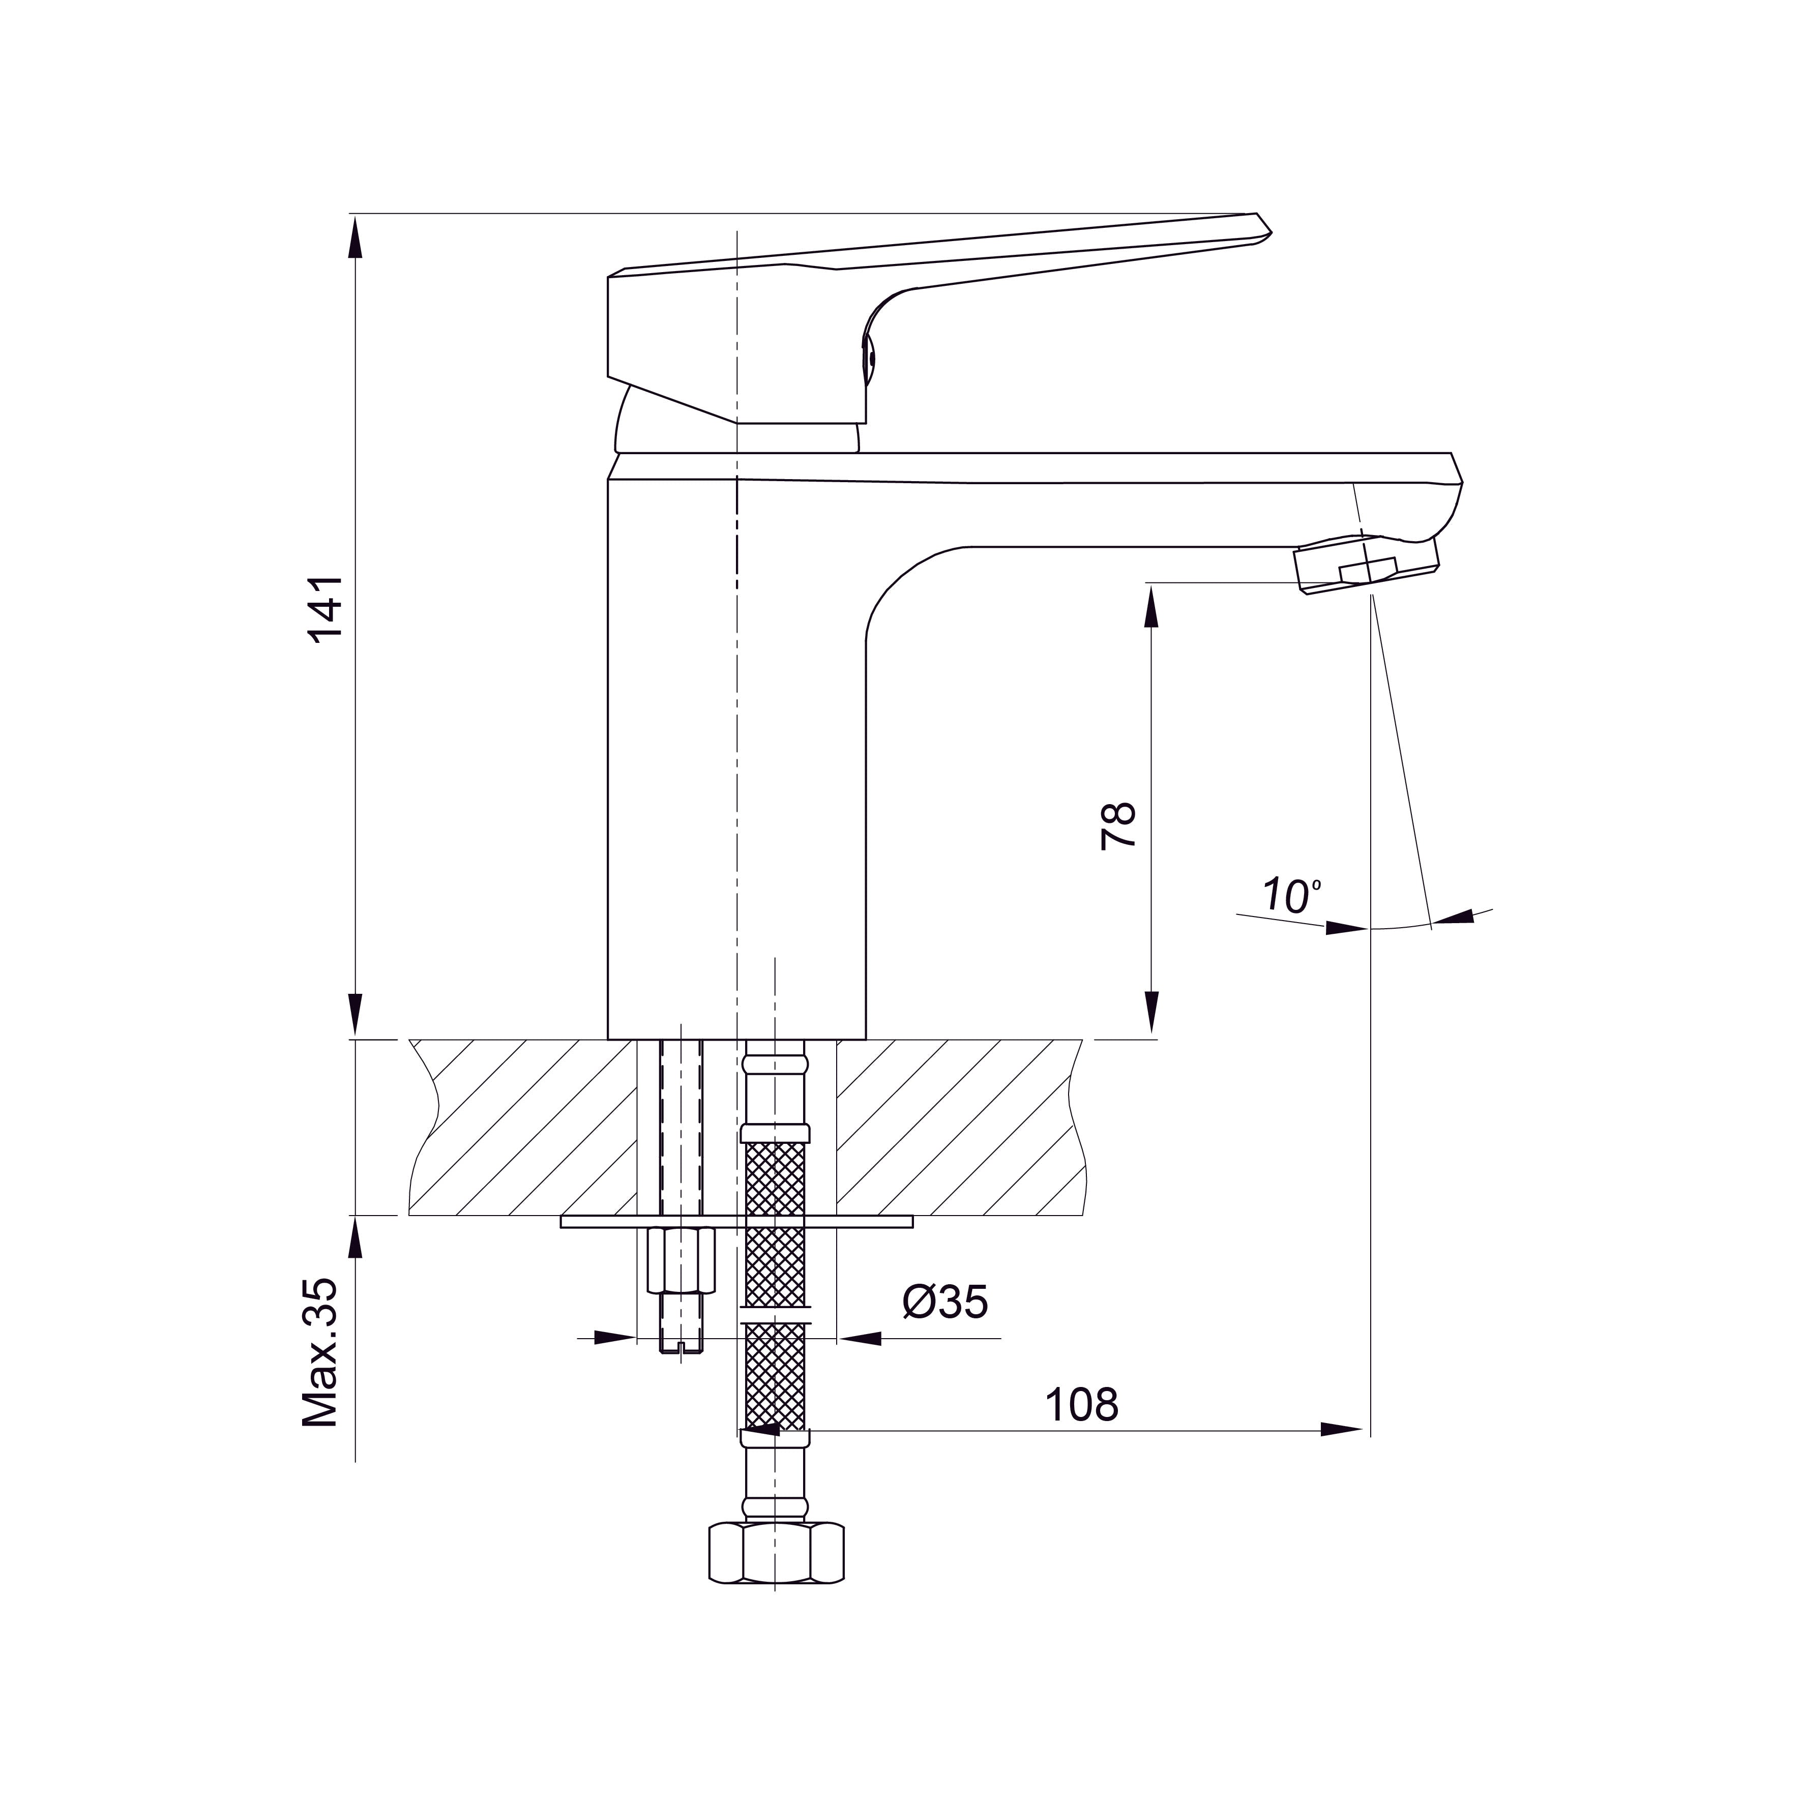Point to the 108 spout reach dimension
(1081, 1405)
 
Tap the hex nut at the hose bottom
(776, 1553)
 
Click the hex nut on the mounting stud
(681, 1260)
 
